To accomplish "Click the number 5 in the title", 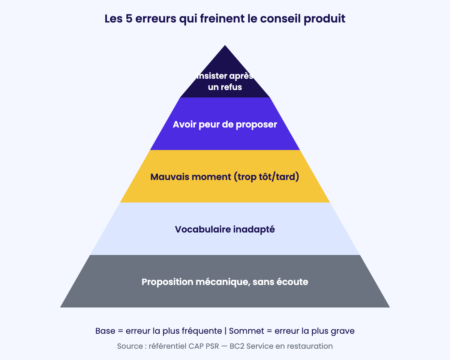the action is (x=129, y=19).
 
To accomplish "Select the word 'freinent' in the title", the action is (x=222, y=19).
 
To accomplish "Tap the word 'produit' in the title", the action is (x=324, y=19).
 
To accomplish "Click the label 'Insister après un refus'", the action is (x=225, y=81).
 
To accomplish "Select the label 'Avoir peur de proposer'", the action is (x=225, y=124).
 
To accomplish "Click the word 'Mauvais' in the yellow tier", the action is (x=170, y=177).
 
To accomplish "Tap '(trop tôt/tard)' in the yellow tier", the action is (x=266, y=177).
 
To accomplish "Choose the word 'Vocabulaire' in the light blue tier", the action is (x=202, y=229).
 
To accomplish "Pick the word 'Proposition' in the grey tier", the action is (x=168, y=282).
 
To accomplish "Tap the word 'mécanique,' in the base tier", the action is (x=223, y=282).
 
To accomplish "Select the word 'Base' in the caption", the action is (x=105, y=331).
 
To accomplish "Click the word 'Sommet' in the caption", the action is (x=246, y=331).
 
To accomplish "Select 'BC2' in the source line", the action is (x=237, y=346).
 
